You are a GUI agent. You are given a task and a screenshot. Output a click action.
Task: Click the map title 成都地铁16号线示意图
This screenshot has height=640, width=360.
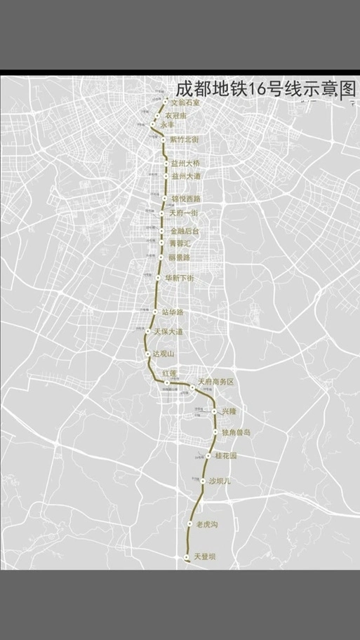click(266, 90)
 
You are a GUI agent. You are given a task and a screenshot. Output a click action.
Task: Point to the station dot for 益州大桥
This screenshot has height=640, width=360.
click(166, 164)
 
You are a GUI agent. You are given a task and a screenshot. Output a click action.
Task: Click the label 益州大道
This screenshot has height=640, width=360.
click(186, 176)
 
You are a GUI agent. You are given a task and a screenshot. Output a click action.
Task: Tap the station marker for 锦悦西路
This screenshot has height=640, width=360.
click(165, 199)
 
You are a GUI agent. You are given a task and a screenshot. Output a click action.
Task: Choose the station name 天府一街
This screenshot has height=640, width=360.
click(185, 212)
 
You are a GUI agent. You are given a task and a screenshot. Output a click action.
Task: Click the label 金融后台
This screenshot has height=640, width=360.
click(185, 230)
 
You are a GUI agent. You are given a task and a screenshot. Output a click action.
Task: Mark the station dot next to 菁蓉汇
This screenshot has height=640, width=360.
click(162, 243)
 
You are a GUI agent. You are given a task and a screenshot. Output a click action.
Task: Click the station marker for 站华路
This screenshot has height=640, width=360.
click(155, 312)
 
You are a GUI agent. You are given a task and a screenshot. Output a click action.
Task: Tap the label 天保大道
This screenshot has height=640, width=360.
click(168, 331)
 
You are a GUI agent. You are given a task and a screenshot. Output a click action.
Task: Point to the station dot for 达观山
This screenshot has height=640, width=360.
click(147, 354)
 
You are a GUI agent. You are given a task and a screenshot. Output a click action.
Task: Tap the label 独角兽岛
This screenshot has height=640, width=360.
click(236, 432)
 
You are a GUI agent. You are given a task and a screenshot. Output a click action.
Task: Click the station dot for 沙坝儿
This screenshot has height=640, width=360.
click(202, 481)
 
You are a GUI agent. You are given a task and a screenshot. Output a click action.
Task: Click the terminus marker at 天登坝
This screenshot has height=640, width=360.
click(186, 558)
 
